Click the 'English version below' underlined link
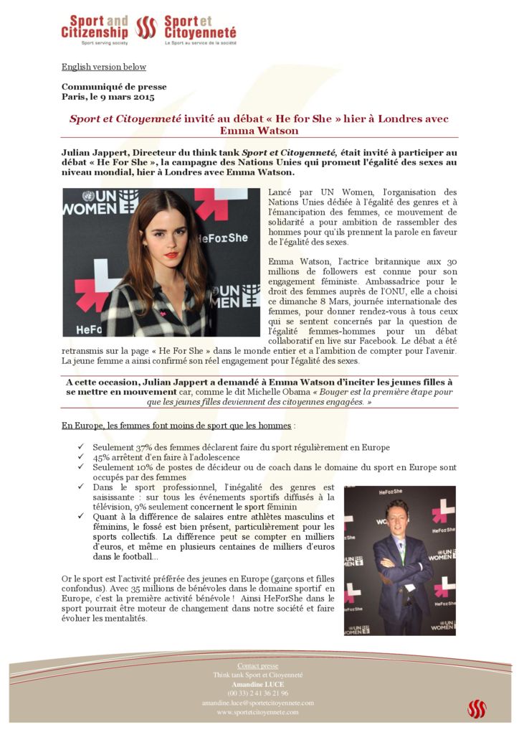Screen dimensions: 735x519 pyautogui.click(x=104, y=67)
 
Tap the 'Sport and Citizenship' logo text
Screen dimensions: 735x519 pyautogui.click(x=95, y=27)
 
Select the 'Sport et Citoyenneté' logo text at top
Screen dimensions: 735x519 pyautogui.click(x=200, y=27)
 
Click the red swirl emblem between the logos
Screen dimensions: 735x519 pyautogui.click(x=146, y=27)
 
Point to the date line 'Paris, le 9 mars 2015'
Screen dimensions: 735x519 pyautogui.click(x=108, y=97)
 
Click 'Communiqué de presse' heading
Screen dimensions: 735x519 pyautogui.click(x=104, y=87)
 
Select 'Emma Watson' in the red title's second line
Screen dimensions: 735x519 pyautogui.click(x=259, y=131)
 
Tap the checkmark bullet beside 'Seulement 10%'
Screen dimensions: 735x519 pyautogui.click(x=81, y=467)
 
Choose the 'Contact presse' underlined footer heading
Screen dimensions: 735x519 pyautogui.click(x=258, y=666)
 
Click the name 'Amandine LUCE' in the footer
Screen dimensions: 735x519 pyautogui.click(x=258, y=684)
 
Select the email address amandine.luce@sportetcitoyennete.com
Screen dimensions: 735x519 pyautogui.click(x=258, y=703)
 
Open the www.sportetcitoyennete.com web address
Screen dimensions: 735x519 pyautogui.click(x=258, y=712)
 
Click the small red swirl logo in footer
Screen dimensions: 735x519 pyautogui.click(x=477, y=708)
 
